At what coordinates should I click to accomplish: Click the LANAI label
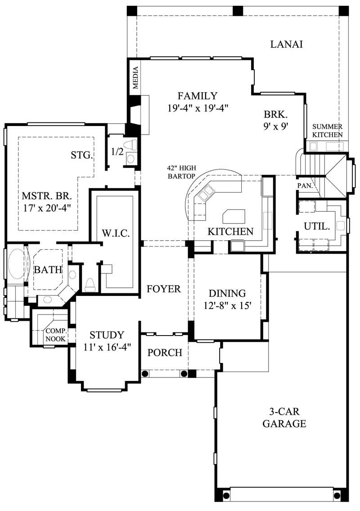point(286,44)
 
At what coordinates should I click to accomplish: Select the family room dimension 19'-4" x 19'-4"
point(198,108)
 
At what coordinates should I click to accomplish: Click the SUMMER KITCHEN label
point(328,130)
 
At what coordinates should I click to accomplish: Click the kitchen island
point(235,216)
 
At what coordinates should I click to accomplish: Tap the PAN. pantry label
point(305,185)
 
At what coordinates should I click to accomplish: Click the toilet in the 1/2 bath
point(130,145)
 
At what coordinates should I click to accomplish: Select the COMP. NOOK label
point(56,334)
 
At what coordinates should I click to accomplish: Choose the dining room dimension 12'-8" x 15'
point(227,299)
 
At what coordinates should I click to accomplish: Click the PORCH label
point(165,352)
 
